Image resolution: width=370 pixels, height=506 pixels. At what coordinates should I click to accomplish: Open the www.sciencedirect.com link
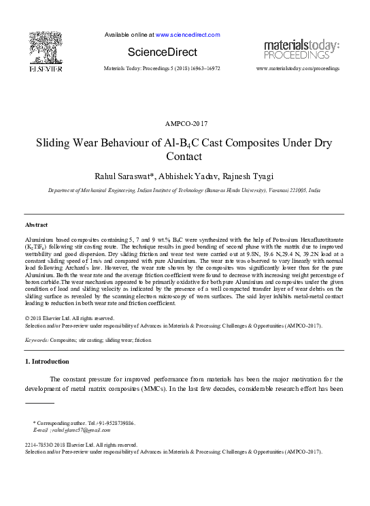coord(188,35)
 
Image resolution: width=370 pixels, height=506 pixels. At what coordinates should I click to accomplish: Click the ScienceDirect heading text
coord(162,52)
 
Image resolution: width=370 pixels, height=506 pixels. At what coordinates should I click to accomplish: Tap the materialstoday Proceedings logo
coord(301,48)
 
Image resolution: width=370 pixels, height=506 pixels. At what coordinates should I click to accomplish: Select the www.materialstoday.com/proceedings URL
coord(297,69)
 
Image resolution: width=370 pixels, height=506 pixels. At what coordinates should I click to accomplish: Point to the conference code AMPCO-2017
coord(186,123)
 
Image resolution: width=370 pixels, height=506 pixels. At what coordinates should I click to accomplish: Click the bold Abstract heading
coord(36,224)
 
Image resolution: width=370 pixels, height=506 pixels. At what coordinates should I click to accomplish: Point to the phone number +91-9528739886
coord(114,423)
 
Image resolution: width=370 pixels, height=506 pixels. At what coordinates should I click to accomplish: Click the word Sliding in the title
coord(55,144)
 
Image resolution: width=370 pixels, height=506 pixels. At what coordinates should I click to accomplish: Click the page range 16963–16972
coord(201,69)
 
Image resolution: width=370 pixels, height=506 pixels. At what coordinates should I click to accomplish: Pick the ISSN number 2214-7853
coord(38,445)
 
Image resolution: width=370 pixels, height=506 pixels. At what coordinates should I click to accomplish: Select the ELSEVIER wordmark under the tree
coord(46,69)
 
